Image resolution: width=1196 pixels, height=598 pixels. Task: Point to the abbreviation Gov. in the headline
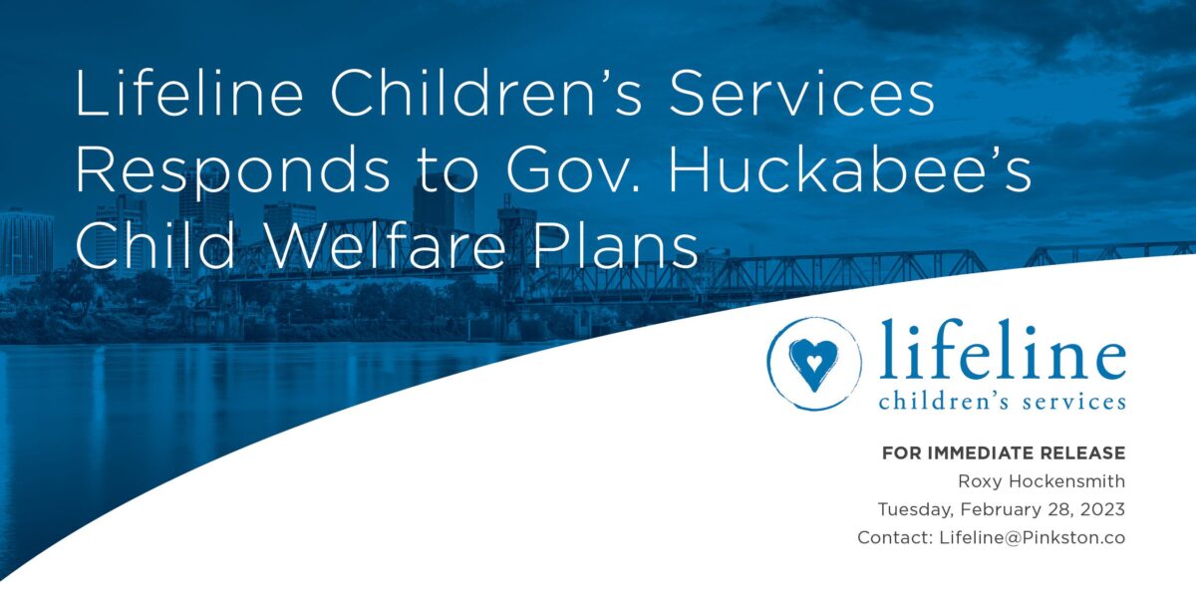[x=572, y=169]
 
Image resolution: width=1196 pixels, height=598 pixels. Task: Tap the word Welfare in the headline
[x=384, y=244]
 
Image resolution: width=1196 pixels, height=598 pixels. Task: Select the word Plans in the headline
[x=616, y=244]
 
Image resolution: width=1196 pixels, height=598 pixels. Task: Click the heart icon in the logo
[x=813, y=364]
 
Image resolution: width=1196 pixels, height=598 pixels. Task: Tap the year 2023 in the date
[x=1102, y=509]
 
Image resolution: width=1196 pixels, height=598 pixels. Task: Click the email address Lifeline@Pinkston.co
[x=1033, y=537]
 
